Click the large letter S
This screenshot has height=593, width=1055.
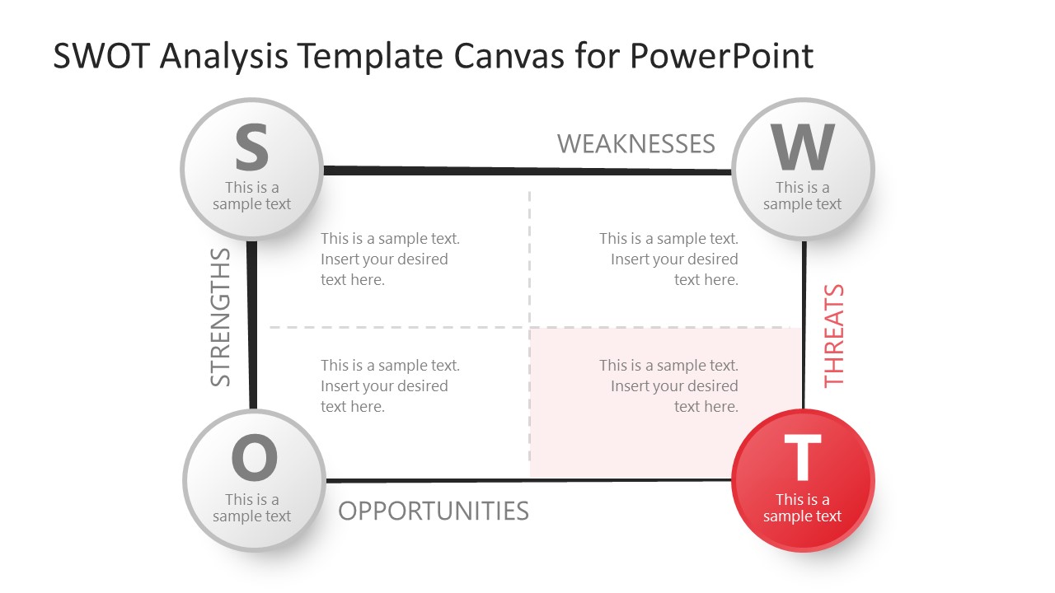pyautogui.click(x=251, y=148)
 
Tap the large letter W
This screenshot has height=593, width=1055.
pyautogui.click(x=803, y=148)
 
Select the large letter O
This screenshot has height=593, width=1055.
pyautogui.click(x=254, y=459)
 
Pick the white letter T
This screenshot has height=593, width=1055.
pyautogui.click(x=802, y=459)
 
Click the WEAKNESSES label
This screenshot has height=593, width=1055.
pyautogui.click(x=635, y=144)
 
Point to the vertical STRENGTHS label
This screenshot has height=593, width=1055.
pyautogui.click(x=221, y=317)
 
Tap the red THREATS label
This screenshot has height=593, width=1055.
pyautogui.click(x=834, y=335)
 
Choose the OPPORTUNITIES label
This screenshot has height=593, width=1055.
pyautogui.click(x=434, y=511)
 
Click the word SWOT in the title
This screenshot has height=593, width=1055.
pyautogui.click(x=101, y=56)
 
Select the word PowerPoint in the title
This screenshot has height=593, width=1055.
pyautogui.click(x=721, y=56)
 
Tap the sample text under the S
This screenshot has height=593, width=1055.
pyautogui.click(x=252, y=196)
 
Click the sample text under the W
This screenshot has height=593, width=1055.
pyautogui.click(x=802, y=196)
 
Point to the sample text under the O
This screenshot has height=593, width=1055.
pyautogui.click(x=252, y=508)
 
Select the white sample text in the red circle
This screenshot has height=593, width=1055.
pyautogui.click(x=802, y=508)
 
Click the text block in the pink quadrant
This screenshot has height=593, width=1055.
pyautogui.click(x=668, y=385)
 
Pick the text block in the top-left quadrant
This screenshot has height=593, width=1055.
pyautogui.click(x=389, y=259)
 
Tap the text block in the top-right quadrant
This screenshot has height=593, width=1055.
pyautogui.click(x=668, y=259)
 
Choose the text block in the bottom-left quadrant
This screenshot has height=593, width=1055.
pyautogui.click(x=389, y=385)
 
